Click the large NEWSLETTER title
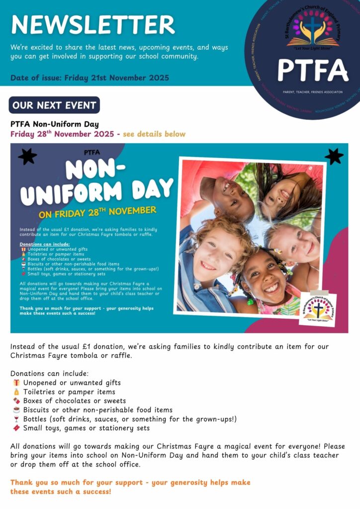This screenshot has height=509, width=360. [93, 25]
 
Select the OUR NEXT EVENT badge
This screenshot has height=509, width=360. [54, 105]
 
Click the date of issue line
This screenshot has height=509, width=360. [90, 78]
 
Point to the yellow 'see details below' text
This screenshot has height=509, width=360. [154, 134]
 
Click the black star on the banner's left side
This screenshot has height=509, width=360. [27, 157]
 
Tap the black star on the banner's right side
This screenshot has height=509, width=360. [334, 156]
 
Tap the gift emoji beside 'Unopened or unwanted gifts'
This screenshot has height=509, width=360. [16, 383]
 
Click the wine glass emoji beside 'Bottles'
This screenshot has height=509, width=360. [16, 419]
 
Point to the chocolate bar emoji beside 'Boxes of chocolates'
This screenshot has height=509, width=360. [16, 401]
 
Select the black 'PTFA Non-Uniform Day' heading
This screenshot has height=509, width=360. [55, 124]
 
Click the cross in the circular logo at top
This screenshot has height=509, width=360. [313, 27]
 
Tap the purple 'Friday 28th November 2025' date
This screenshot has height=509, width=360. [63, 134]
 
